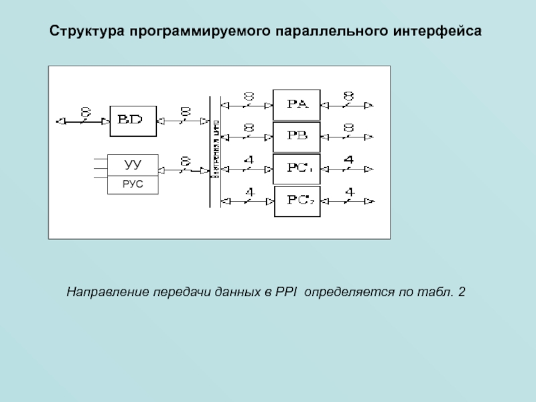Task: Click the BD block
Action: click(x=133, y=121)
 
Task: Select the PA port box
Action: click(x=297, y=105)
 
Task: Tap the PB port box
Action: click(x=297, y=136)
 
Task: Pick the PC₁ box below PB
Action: click(x=297, y=167)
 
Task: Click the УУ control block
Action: click(x=133, y=164)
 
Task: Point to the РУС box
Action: click(x=133, y=184)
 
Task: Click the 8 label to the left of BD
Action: click(x=85, y=111)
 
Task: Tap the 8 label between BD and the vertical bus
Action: click(x=185, y=111)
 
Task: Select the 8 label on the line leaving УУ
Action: click(x=185, y=161)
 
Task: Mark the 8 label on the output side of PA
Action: click(x=348, y=96)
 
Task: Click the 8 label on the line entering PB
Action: click(x=249, y=127)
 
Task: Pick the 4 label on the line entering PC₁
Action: click(x=249, y=159)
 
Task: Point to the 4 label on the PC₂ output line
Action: click(x=348, y=192)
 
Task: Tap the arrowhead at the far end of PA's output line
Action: click(x=369, y=105)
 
